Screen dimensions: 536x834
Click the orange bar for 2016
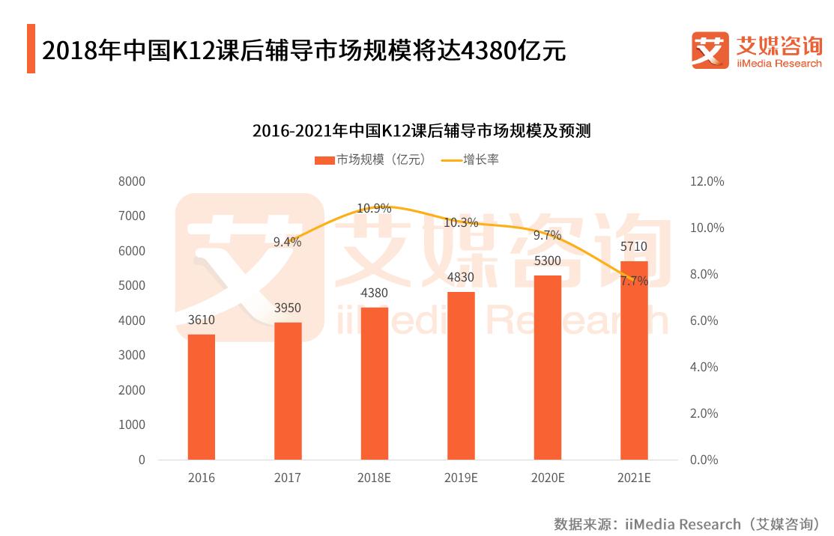[201, 397]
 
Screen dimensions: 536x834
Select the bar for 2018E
[375, 383]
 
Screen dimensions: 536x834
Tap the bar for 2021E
[634, 360]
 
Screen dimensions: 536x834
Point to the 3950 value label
[288, 308]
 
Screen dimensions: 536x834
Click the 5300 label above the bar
[548, 261]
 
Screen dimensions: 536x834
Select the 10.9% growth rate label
[374, 208]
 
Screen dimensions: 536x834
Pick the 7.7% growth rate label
[634, 281]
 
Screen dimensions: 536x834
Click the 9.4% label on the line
[287, 242]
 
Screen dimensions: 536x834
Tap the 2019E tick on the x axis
[461, 478]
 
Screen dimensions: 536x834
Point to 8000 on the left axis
[131, 181]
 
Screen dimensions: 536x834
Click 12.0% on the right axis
[707, 181]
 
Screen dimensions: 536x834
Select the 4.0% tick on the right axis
[704, 367]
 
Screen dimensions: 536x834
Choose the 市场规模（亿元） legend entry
[370, 159]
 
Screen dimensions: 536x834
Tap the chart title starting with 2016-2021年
[421, 131]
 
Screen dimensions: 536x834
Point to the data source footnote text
[687, 523]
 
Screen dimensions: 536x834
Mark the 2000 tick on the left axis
[131, 390]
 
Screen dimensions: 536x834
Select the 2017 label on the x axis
[288, 478]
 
